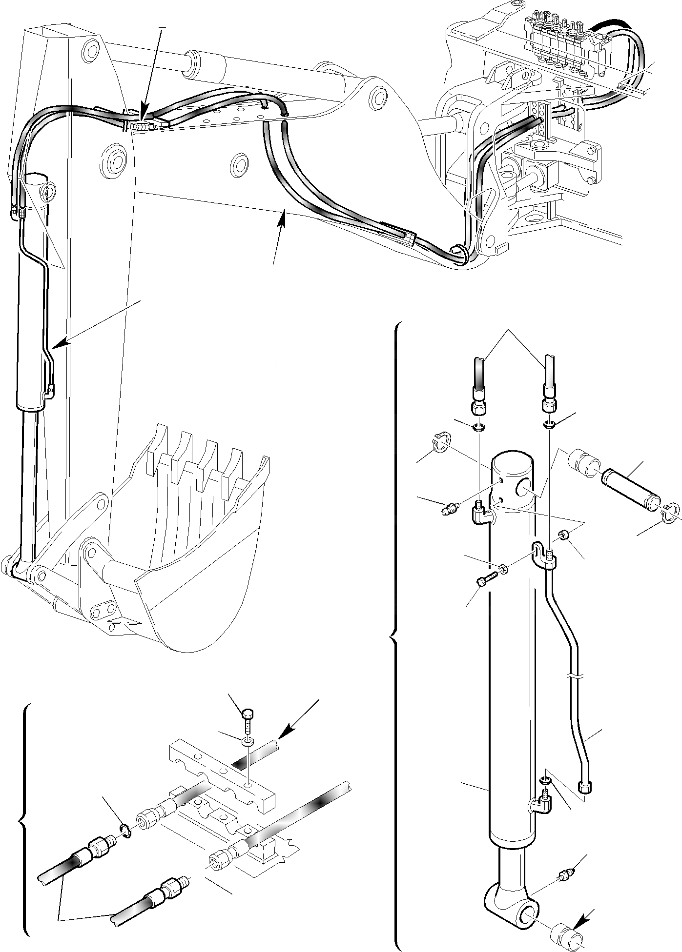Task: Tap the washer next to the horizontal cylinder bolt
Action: click(x=503, y=569)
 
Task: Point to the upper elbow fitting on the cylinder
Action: click(x=481, y=513)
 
